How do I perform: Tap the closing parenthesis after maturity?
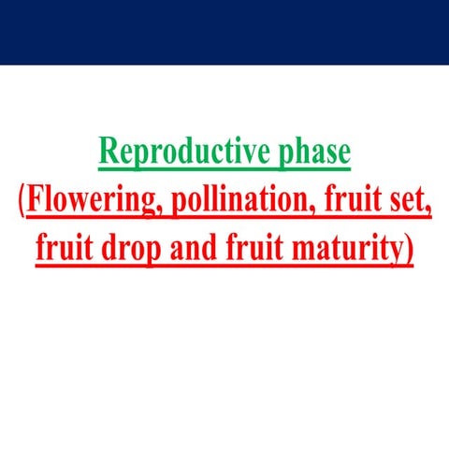[409, 250]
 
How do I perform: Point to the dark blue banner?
[224, 32]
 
